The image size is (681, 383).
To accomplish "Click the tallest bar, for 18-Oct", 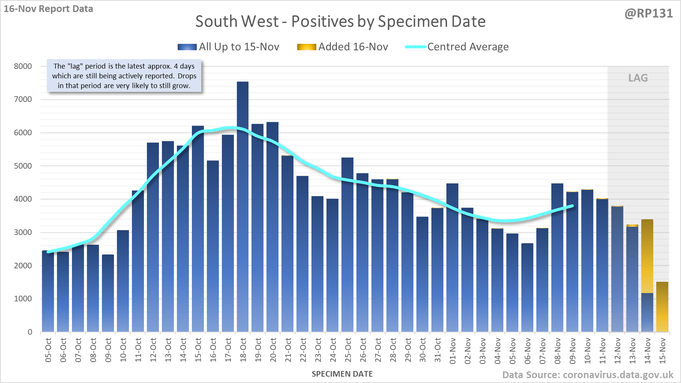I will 242,206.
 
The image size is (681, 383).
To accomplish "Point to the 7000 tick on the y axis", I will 23,99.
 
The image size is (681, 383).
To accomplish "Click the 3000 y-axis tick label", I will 23,232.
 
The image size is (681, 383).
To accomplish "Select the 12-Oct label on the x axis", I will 153,350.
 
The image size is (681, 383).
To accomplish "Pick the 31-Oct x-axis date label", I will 438,350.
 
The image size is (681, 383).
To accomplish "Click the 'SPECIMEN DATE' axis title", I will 342,374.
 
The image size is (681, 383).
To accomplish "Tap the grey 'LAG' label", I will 638,78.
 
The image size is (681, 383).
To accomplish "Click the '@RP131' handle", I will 648,13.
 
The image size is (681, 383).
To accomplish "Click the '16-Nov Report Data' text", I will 48,9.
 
